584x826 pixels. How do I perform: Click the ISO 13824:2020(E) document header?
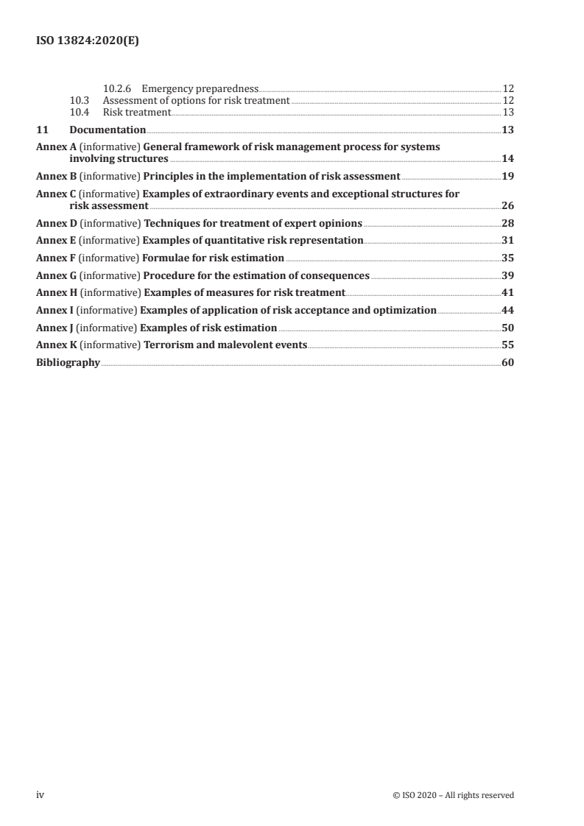coord(88,42)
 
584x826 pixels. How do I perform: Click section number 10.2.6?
coord(117,88)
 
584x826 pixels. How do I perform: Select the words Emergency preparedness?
coord(200,88)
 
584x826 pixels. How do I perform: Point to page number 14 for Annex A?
coord(507,158)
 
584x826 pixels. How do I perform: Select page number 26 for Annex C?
coord(507,205)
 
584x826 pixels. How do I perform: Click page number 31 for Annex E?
coord(507,240)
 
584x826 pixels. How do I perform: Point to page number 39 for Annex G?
coord(507,275)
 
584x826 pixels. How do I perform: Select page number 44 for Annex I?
coord(507,310)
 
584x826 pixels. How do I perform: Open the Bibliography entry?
coord(68,362)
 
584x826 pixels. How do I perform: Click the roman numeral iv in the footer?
coord(41,794)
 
